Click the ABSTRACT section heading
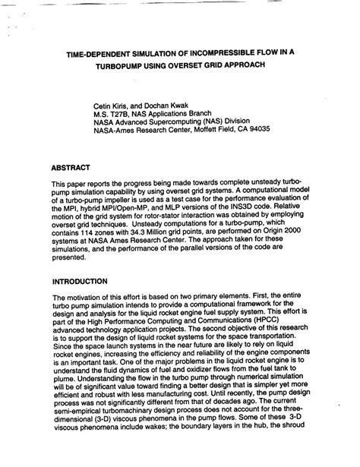[x=71, y=166]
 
